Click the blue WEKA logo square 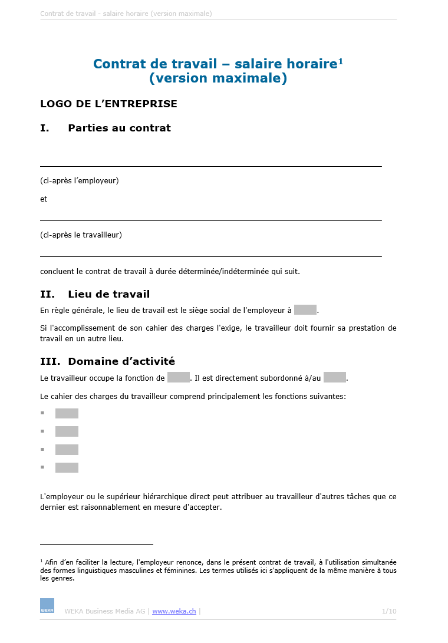(47, 606)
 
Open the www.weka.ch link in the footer (174, 611)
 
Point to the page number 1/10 (389, 611)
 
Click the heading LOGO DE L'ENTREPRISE (108, 104)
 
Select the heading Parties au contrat (119, 128)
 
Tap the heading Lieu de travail (108, 294)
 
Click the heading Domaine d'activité (121, 361)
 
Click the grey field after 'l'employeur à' (305, 310)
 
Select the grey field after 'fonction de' (179, 378)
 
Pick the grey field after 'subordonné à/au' (334, 378)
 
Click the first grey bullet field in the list (67, 414)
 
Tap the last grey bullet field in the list (67, 468)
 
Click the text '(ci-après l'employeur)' (80, 180)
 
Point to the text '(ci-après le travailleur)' (81, 235)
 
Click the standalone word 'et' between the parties (44, 199)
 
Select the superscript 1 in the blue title (341, 61)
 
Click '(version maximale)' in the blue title (218, 78)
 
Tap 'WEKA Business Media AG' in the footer (104, 611)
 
